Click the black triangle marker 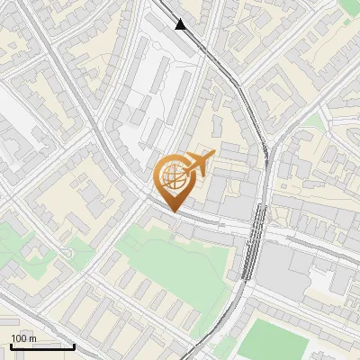pos(182,23)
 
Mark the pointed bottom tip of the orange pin pos(172,211)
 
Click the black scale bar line pos(41,346)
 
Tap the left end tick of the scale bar pos(10,345)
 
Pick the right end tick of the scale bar pos(74,345)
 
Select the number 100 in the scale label pos(19,338)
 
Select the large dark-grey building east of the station pos(288,265)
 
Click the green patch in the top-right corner pos(350,7)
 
